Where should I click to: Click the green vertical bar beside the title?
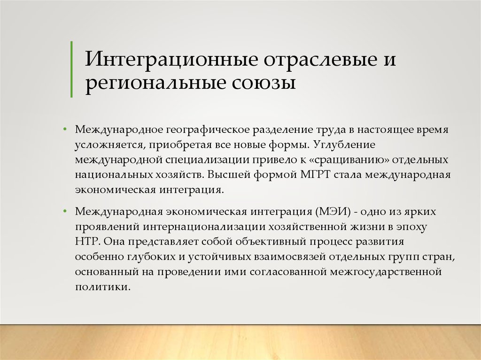point(71,69)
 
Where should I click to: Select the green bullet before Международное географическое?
point(65,129)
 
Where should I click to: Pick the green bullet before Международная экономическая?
point(65,211)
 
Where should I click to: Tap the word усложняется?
point(109,145)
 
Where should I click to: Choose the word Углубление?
point(344,145)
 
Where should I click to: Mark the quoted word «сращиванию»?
point(348,160)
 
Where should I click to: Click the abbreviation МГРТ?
point(315,175)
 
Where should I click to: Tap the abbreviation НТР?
point(87,241)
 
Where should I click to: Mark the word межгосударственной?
point(386,272)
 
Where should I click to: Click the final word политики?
point(103,287)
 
